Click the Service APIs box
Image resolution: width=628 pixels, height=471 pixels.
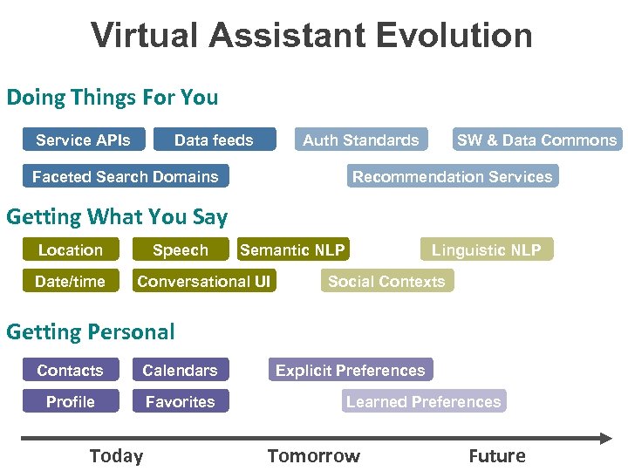(83, 140)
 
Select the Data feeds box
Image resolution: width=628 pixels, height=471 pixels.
(214, 140)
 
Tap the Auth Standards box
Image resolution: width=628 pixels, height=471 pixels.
(360, 140)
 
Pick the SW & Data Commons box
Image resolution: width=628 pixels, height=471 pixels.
(536, 140)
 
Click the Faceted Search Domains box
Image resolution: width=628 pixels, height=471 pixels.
(126, 176)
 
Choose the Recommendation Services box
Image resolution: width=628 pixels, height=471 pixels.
(452, 176)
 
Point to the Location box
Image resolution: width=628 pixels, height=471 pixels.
(71, 249)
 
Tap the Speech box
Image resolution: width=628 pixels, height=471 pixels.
(181, 249)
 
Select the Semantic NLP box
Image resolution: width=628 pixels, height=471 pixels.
(292, 249)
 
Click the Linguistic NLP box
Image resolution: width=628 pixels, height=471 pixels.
(486, 249)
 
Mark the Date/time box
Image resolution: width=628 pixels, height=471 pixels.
(70, 281)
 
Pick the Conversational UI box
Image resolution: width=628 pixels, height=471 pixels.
(204, 281)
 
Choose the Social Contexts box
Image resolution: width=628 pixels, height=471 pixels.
(386, 281)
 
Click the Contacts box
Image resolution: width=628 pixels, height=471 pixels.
(70, 370)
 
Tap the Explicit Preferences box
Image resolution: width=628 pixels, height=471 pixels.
(350, 370)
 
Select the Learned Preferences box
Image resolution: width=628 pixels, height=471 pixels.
(423, 401)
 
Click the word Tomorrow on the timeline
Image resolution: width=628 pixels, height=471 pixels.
(313, 456)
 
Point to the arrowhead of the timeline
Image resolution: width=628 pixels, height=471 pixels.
(605, 437)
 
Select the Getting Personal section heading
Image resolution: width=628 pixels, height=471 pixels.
(91, 331)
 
